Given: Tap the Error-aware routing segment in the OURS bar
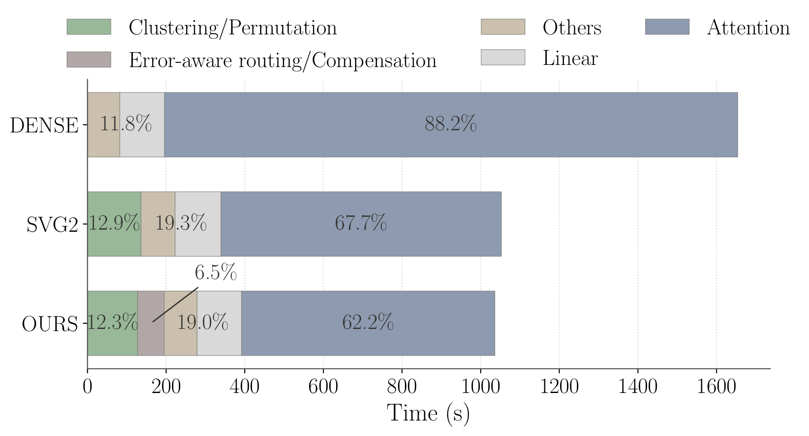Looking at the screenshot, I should [150, 340].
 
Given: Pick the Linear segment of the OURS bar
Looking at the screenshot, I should [219, 340].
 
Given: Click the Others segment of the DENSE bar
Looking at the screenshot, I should [103, 142].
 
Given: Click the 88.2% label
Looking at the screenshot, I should [450, 124].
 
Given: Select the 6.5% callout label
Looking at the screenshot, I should [215, 273].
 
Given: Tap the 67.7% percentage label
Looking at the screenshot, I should [361, 223].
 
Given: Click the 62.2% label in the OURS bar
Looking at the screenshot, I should [368, 322].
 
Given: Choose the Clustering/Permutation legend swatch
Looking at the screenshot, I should [89, 27].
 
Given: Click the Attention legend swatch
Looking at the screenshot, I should [667, 27].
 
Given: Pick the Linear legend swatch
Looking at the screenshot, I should [503, 57].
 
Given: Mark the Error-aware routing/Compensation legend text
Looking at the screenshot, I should [282, 60].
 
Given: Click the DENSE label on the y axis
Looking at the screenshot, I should [44, 126].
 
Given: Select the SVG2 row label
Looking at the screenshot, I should [52, 224].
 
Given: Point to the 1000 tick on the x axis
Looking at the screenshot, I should [481, 387].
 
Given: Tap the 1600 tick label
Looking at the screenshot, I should [716, 387].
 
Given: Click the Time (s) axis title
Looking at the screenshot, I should [428, 413].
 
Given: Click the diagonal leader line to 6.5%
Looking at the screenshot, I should [175, 304].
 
